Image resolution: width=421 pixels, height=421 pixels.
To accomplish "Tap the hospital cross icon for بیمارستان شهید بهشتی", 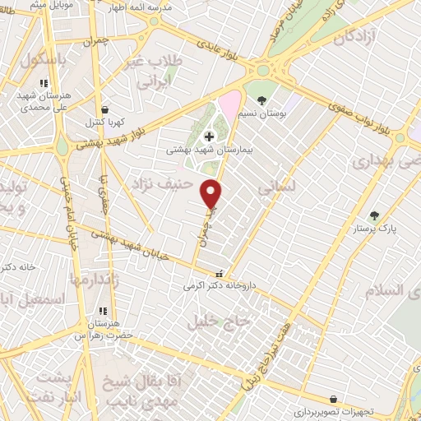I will [208, 136].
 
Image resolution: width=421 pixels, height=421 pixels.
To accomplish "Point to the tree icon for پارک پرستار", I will [375, 215].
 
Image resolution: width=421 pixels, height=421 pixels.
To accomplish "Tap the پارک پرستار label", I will [375, 229].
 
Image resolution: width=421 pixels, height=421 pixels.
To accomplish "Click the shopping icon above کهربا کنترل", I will [104, 109].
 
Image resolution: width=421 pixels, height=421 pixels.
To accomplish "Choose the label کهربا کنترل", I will [104, 122].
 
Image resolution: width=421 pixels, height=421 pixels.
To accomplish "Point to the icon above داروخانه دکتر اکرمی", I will [218, 275].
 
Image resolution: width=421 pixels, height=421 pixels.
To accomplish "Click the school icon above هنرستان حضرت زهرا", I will [104, 311].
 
